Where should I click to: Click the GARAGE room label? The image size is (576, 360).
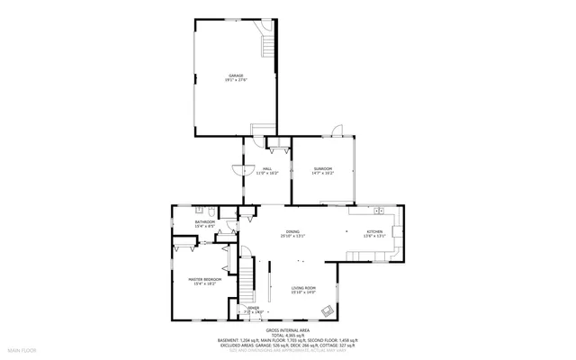click(236, 76)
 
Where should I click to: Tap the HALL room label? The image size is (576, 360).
click(267, 168)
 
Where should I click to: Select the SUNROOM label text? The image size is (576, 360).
click(323, 168)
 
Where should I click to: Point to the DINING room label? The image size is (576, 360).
click(293, 231)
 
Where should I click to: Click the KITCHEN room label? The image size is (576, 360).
click(375, 231)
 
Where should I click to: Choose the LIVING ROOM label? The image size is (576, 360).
click(303, 287)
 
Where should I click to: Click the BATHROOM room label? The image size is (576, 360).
click(205, 221)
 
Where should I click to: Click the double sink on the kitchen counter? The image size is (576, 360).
click(381, 211)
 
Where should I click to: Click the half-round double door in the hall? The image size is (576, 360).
click(238, 168)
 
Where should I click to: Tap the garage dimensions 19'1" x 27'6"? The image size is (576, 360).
click(236, 81)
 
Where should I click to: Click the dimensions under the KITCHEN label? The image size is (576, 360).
click(375, 236)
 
